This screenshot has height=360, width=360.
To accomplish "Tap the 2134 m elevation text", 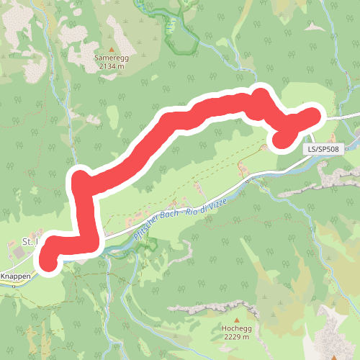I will pos(109,66).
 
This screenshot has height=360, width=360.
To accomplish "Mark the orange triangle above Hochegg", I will pos(235,318).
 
